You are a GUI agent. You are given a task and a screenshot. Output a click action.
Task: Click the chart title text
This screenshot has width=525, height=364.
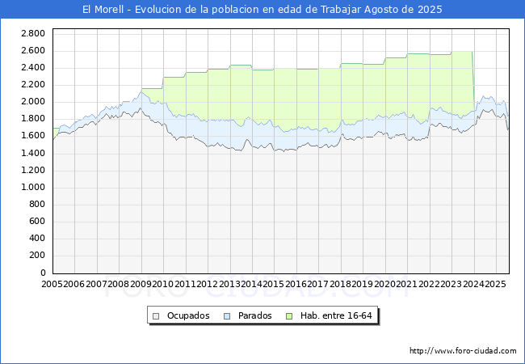coord(262,10)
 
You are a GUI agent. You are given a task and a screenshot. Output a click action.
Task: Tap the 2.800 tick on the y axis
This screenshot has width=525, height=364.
coord(33,33)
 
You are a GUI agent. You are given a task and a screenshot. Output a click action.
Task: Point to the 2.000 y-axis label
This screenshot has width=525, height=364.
coord(33,102)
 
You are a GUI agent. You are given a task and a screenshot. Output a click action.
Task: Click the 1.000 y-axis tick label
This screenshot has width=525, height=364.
coord(33,188)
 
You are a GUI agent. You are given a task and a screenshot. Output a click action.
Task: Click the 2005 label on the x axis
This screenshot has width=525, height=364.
coord(52,285)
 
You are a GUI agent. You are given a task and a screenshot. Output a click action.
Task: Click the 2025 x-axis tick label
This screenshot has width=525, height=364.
coord(494,285)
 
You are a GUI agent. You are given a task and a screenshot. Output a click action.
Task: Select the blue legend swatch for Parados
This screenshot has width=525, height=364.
coord(227,315)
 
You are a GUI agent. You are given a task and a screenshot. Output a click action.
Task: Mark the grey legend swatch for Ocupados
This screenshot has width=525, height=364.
coord(157,315)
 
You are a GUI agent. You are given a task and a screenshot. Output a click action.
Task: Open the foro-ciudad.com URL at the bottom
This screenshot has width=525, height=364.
coord(463,351)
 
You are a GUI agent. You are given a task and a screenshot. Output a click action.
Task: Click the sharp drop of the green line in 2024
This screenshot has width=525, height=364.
coord(473,81)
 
